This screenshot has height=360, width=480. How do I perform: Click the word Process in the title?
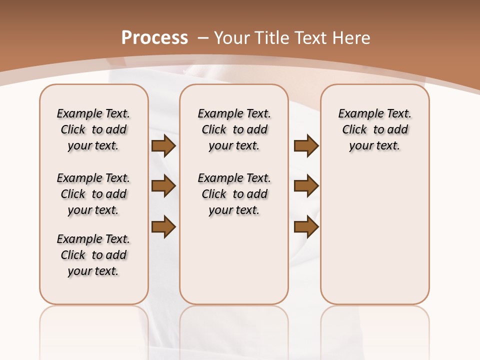coord(154,38)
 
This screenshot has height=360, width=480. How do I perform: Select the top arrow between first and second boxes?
coord(163,145)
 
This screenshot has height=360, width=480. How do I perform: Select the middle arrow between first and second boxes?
coord(163,186)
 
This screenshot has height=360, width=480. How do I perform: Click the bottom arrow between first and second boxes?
coord(163,226)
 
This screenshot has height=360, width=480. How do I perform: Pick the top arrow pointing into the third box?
coord(306,145)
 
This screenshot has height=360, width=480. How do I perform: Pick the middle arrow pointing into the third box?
coord(306,186)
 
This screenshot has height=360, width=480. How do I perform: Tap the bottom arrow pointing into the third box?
coord(306,226)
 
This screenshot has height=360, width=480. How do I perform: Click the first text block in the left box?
coord(93,129)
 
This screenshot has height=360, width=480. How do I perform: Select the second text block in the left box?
coord(93,194)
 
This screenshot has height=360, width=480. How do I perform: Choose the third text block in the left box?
coord(93,255)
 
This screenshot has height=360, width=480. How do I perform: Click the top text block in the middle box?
coord(234,129)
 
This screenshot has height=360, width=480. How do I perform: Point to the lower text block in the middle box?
coord(234,194)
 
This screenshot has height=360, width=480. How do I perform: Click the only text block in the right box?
coord(374,129)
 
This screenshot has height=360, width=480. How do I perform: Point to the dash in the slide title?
coord(203,38)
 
